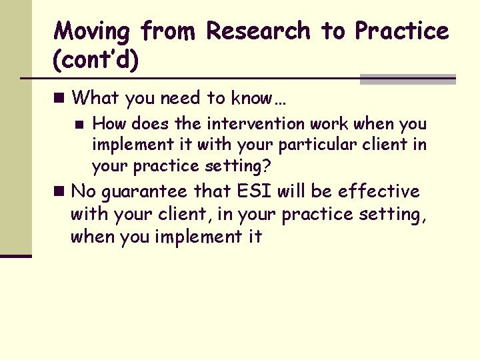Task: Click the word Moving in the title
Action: click(92, 31)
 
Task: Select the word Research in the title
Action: click(258, 31)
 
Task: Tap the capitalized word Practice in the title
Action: click(401, 31)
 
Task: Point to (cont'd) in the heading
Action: click(96, 61)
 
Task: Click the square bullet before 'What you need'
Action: click(60, 98)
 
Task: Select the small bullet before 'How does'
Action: click(79, 124)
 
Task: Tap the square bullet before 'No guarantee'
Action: click(60, 192)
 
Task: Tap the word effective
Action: click(378, 192)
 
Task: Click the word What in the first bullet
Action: click(95, 98)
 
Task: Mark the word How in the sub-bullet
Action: click(107, 124)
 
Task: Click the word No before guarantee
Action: click(83, 192)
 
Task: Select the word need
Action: click(181, 98)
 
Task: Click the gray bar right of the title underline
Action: click(407, 79)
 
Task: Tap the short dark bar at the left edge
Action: click(16, 255)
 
